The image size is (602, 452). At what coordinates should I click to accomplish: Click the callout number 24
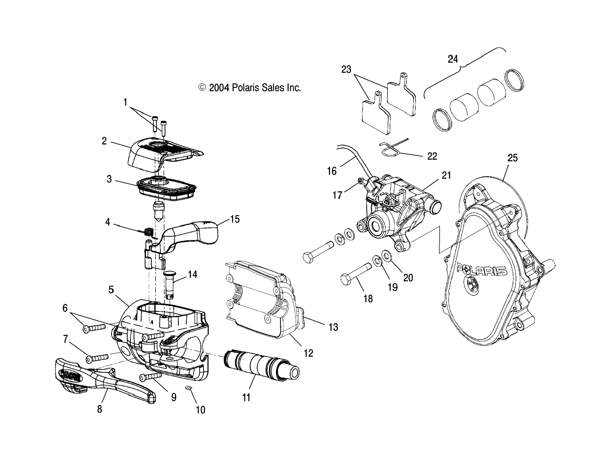click(453, 59)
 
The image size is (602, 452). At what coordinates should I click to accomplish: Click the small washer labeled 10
click(188, 387)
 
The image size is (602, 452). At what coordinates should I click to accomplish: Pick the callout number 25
click(512, 158)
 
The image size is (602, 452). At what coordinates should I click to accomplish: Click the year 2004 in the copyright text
click(219, 88)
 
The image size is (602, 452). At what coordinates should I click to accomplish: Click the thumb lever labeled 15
click(191, 232)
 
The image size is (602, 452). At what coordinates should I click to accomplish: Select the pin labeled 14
click(169, 284)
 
